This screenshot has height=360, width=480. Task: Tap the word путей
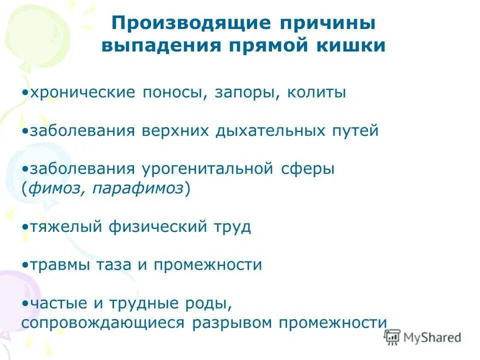coord(355,131)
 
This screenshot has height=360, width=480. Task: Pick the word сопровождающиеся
coord(103,322)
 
